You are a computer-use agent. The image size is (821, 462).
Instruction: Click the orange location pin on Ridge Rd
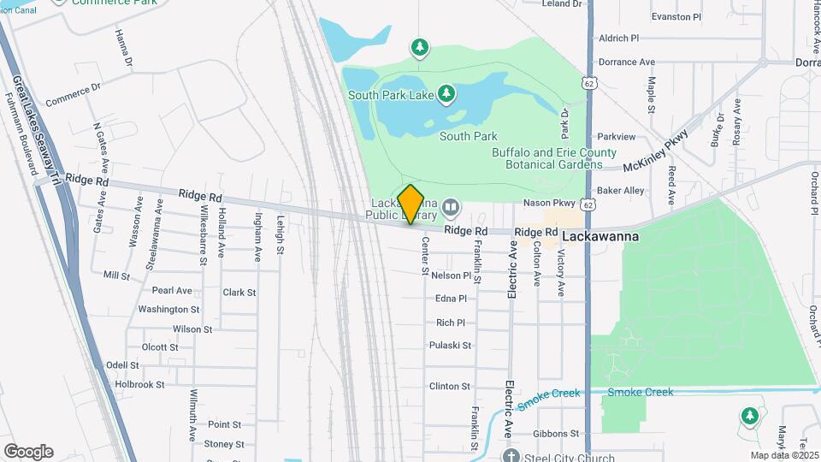click(x=411, y=204)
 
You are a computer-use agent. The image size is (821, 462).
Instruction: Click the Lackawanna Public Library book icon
click(x=450, y=207)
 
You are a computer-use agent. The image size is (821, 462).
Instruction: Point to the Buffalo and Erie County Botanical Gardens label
click(x=553, y=158)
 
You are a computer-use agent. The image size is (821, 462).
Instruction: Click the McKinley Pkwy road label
click(x=656, y=153)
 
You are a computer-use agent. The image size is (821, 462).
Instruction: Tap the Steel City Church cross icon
click(x=511, y=456)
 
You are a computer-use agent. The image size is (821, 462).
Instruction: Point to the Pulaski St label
click(x=451, y=346)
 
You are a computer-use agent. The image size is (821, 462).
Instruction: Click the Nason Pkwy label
click(x=548, y=204)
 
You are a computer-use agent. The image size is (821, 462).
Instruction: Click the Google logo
click(x=28, y=451)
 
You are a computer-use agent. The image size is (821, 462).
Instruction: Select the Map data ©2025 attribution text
click(x=784, y=455)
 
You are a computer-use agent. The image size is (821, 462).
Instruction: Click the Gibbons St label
click(x=558, y=434)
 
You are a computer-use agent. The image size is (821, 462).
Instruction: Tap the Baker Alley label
click(x=621, y=190)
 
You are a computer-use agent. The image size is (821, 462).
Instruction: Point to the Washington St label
click(x=168, y=309)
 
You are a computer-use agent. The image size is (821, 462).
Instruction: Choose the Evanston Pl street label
click(x=676, y=16)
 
